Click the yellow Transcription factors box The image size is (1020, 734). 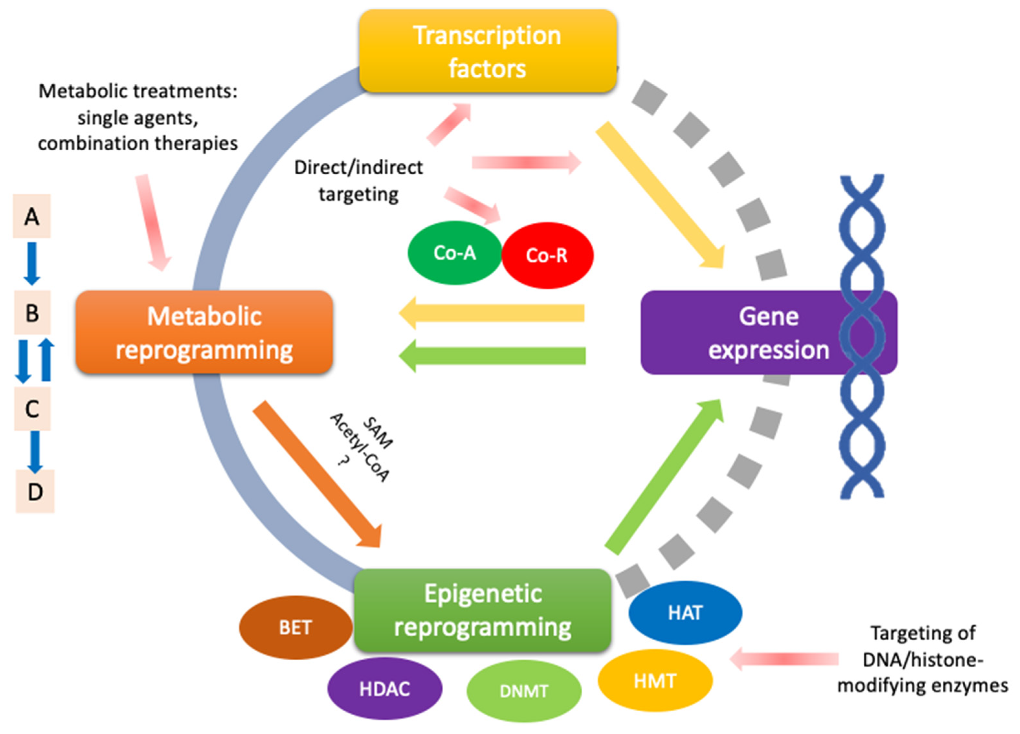point(488,51)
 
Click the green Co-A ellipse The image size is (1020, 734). point(455,253)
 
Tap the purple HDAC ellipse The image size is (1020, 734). point(385,689)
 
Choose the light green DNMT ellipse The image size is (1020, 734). point(524,691)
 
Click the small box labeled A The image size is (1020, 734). point(31,216)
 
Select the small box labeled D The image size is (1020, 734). point(35,491)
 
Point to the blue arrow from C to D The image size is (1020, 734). point(35,452)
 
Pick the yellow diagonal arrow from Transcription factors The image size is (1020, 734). point(660,194)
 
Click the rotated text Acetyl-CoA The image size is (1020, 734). point(360,447)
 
